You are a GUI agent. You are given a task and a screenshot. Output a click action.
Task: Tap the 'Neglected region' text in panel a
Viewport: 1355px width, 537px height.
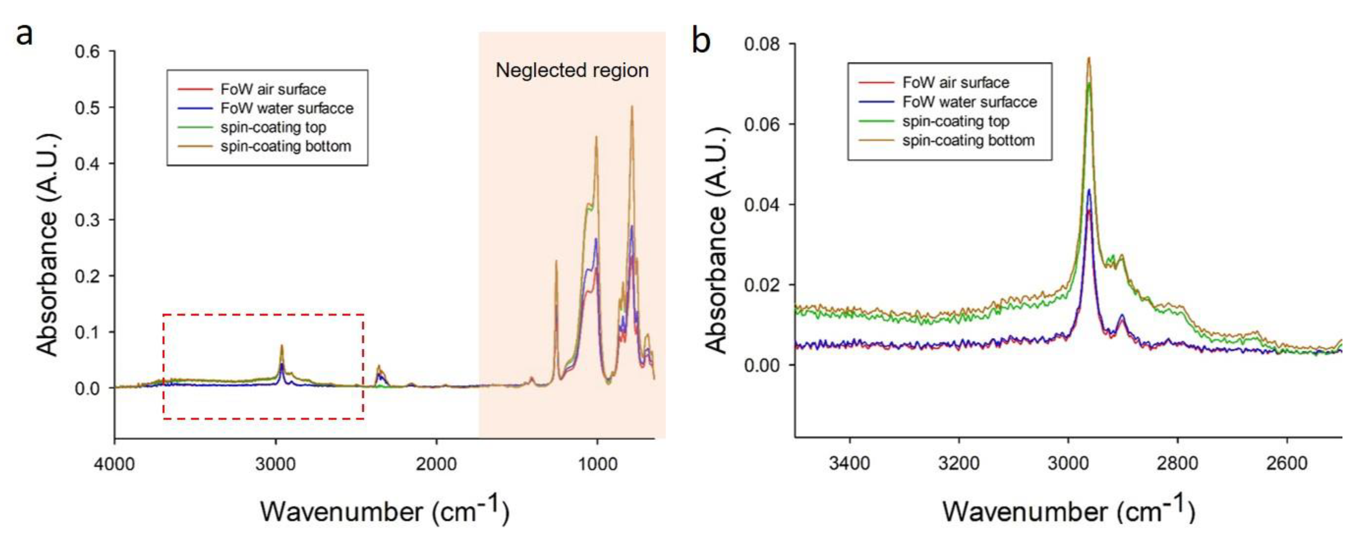click(x=572, y=70)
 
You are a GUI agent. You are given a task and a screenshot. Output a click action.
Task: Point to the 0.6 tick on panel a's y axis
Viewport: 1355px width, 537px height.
click(x=87, y=52)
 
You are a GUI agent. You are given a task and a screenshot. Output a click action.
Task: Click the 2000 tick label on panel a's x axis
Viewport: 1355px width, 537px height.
click(x=436, y=464)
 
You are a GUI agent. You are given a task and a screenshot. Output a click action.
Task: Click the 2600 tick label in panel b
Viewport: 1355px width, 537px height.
click(x=1287, y=463)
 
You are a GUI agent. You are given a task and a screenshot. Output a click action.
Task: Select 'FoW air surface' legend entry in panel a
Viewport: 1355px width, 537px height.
click(x=273, y=89)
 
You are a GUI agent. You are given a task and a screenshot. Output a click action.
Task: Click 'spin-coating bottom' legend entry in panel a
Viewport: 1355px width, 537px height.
click(x=286, y=146)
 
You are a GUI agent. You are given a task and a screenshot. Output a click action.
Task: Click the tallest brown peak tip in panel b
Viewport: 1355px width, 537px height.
click(x=1089, y=58)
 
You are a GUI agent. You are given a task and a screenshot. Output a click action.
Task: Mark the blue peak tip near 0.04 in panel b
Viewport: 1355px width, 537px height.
click(x=1089, y=190)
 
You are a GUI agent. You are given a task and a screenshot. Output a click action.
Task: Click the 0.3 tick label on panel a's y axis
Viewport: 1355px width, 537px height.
click(x=87, y=220)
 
